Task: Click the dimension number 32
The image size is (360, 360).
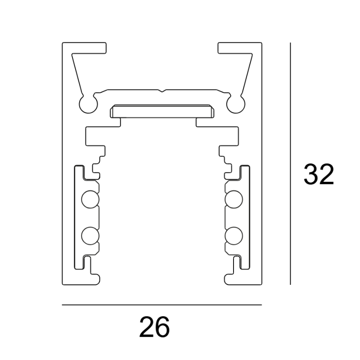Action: [x=319, y=175]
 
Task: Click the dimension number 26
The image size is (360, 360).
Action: [x=154, y=327]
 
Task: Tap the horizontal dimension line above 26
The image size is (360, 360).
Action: [x=162, y=305]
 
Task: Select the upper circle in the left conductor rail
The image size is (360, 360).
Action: [x=89, y=199]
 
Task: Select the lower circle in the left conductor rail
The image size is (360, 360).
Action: [x=89, y=235]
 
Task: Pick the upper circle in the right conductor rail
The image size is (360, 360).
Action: [x=234, y=199]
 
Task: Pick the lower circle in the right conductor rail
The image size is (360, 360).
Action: [x=234, y=235]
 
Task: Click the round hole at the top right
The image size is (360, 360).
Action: [x=235, y=103]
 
